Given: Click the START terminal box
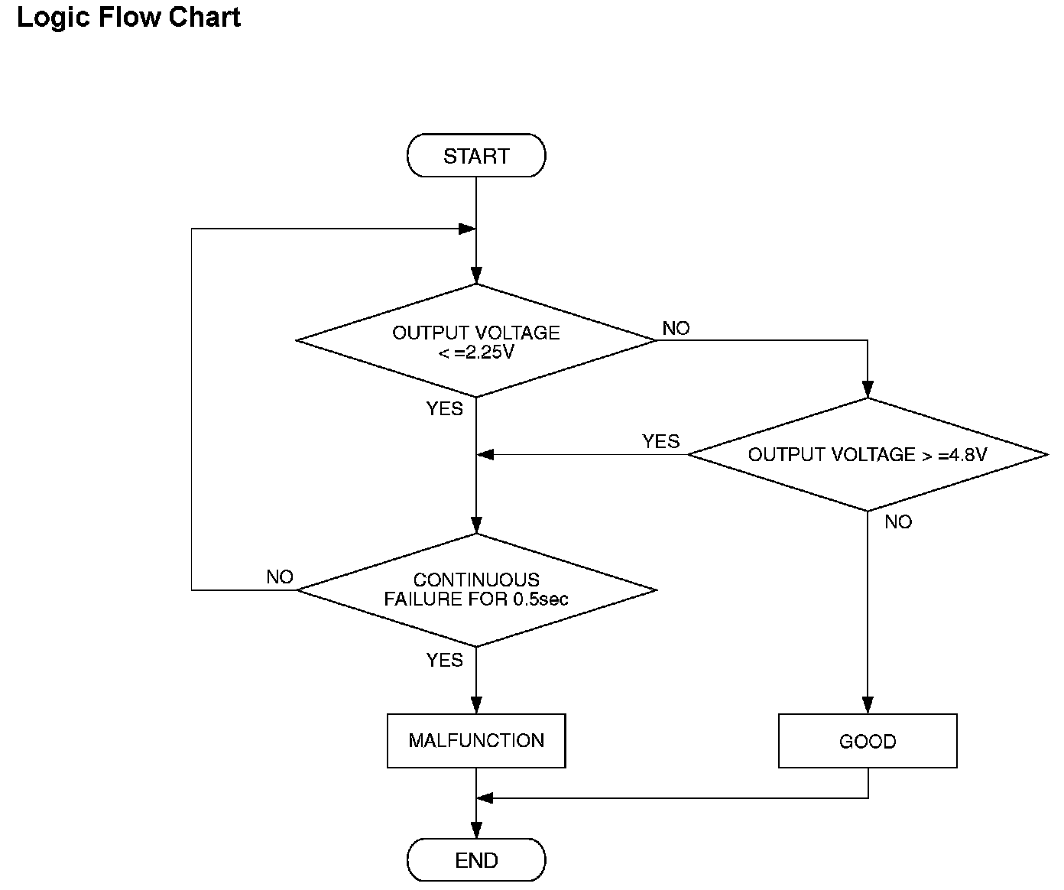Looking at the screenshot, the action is (x=476, y=155).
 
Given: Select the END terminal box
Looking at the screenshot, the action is (x=476, y=860).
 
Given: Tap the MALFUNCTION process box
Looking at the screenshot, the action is (x=476, y=741).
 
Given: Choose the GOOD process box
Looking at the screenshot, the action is (x=868, y=741).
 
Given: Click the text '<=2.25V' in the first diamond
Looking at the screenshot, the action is (x=476, y=352).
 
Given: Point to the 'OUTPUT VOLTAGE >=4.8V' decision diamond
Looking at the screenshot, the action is (x=868, y=454).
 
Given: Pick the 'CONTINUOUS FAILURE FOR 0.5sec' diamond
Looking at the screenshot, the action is (x=476, y=590).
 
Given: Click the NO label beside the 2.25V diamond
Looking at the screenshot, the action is (x=676, y=328).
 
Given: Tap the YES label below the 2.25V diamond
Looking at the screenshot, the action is (x=444, y=408).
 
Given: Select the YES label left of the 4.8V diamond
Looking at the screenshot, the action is (x=660, y=441).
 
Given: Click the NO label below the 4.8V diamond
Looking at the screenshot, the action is (x=898, y=521).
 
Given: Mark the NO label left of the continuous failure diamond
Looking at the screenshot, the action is (x=279, y=577).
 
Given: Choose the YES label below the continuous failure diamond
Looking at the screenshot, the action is (x=444, y=660).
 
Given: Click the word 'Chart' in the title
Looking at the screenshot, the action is (x=204, y=17).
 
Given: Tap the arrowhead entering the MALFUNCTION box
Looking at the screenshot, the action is (x=476, y=706).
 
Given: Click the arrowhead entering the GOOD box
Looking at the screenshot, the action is (x=868, y=706).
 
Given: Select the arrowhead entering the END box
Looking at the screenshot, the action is (x=476, y=830).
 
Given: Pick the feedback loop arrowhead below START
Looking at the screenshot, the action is (x=467, y=229).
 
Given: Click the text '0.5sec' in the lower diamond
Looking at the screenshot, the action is (x=540, y=599).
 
